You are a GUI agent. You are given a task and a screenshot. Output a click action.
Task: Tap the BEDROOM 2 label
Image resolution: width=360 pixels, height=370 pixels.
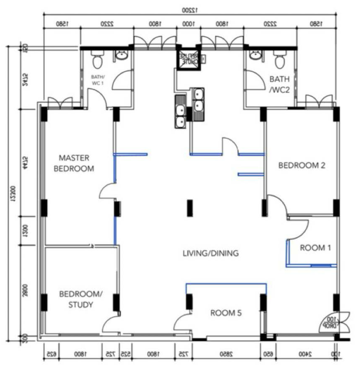click(x=302, y=165)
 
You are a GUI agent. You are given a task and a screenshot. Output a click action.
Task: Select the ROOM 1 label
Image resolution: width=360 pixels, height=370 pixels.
click(x=315, y=248)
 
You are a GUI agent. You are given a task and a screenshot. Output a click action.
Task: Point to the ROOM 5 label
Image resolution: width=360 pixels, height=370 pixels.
click(x=226, y=313)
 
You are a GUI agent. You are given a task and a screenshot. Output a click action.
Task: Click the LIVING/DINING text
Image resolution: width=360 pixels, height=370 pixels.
click(x=210, y=253)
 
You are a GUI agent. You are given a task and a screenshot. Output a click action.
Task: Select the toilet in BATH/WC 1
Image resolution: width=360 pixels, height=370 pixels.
click(x=97, y=60)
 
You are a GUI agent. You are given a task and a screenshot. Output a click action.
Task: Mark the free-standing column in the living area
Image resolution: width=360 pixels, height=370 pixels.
click(x=190, y=208)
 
